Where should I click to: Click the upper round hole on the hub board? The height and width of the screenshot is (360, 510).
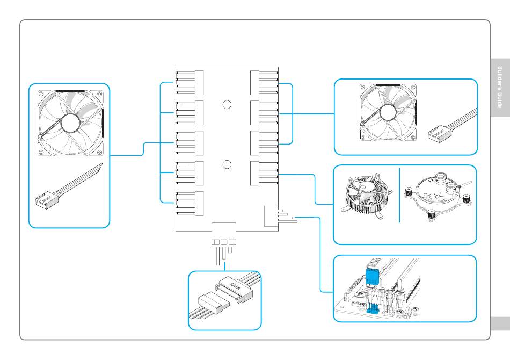[227, 105]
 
